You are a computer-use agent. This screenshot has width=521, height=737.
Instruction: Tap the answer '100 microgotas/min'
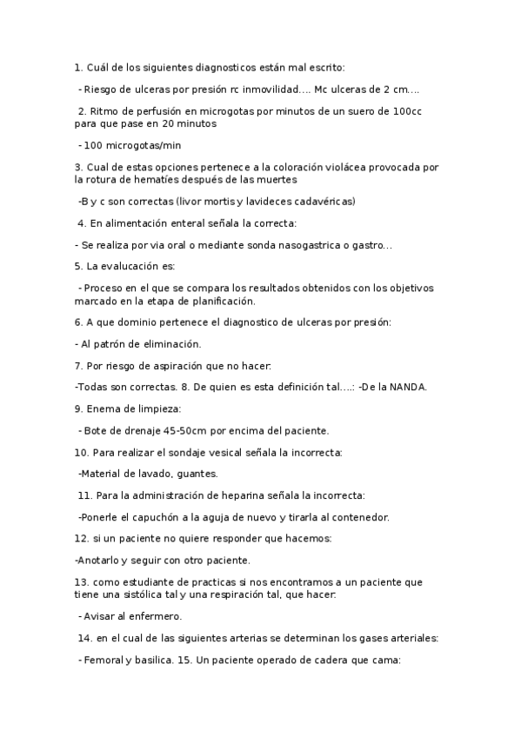132,145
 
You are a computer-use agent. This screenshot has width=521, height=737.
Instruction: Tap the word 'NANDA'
407,387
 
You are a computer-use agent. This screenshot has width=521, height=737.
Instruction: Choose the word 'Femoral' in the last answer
105,661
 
